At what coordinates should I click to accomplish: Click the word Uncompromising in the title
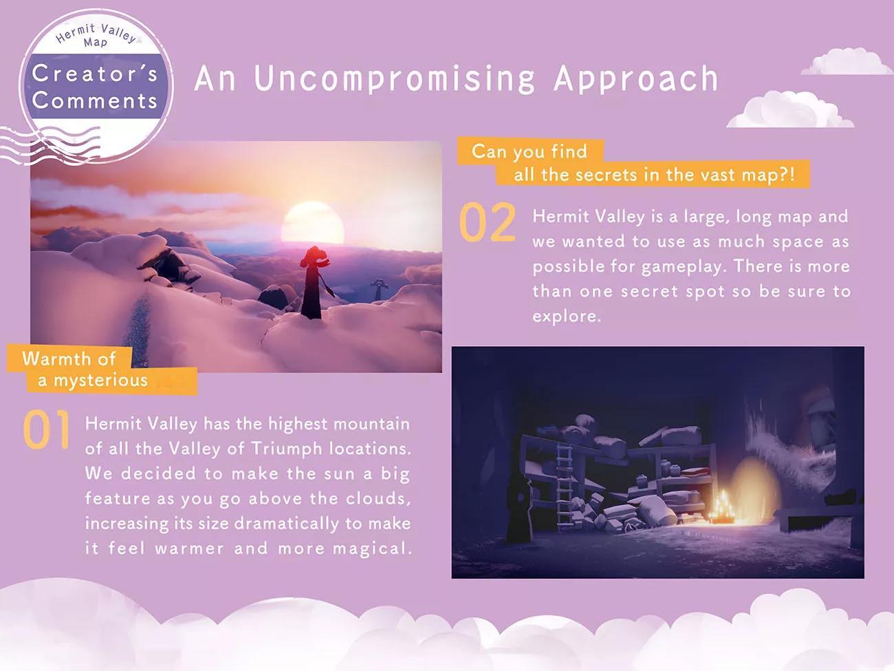tap(394, 79)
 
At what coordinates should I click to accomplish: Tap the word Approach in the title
tap(635, 79)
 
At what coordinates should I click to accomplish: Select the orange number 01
tap(47, 429)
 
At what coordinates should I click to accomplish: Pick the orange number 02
tap(488, 222)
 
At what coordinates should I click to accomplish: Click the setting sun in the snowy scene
tap(312, 223)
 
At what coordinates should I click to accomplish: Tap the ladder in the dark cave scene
tap(564, 484)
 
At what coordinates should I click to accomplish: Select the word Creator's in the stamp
tap(95, 74)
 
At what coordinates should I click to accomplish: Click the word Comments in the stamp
tap(95, 100)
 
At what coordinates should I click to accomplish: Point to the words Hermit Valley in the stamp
tap(96, 32)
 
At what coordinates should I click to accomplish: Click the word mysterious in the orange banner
tap(100, 381)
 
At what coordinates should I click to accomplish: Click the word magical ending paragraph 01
tap(372, 548)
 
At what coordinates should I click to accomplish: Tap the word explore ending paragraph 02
tap(567, 317)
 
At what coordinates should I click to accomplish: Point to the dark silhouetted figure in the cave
tap(520, 509)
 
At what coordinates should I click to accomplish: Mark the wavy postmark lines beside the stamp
tap(49, 145)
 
